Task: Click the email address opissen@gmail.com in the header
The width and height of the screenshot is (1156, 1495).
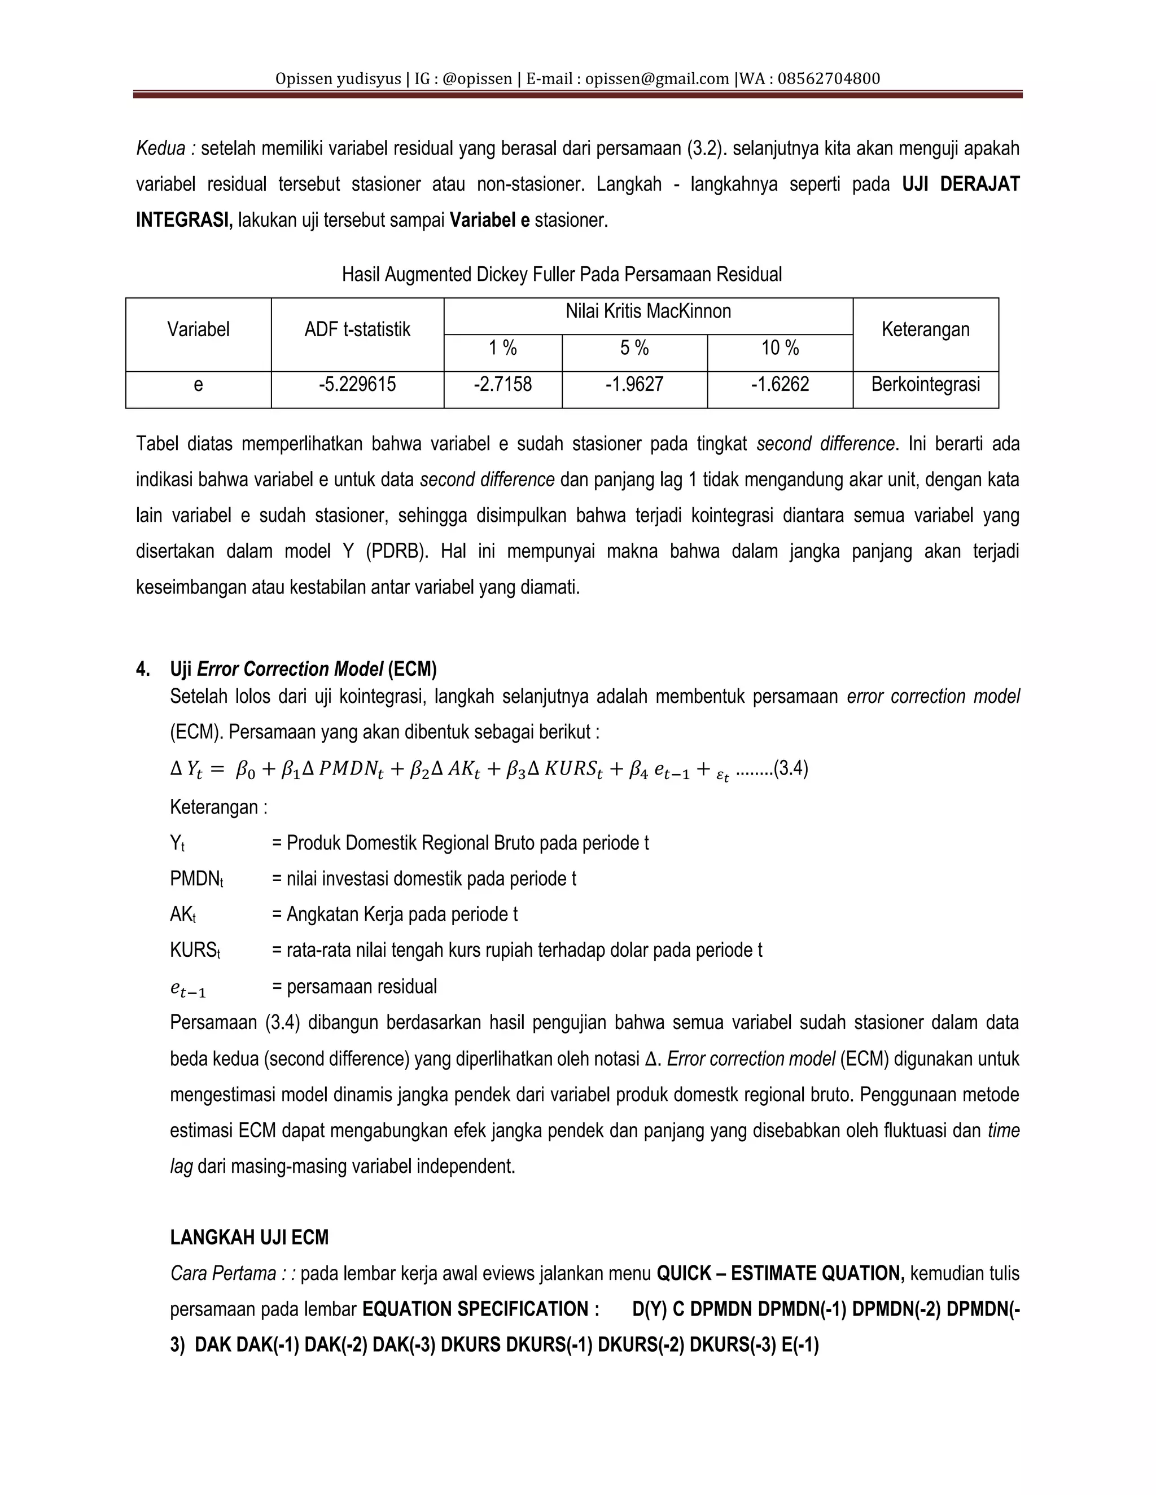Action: point(657,79)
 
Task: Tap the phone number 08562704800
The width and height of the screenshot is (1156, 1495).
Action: point(828,79)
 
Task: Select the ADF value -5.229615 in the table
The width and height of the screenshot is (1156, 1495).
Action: point(357,385)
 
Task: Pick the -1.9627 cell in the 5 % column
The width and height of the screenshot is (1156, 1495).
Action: point(634,385)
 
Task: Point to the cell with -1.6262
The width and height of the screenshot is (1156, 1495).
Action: point(780,385)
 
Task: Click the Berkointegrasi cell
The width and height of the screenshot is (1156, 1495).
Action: point(925,385)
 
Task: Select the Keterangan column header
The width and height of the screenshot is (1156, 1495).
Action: point(925,330)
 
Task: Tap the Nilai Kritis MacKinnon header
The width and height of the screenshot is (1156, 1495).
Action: point(648,312)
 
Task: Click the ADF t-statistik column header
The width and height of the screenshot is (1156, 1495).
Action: point(357,330)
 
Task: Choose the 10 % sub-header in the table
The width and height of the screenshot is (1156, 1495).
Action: point(780,349)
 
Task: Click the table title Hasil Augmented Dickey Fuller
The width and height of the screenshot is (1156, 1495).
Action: point(562,275)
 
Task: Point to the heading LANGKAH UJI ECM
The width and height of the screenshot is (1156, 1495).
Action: point(249,1238)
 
